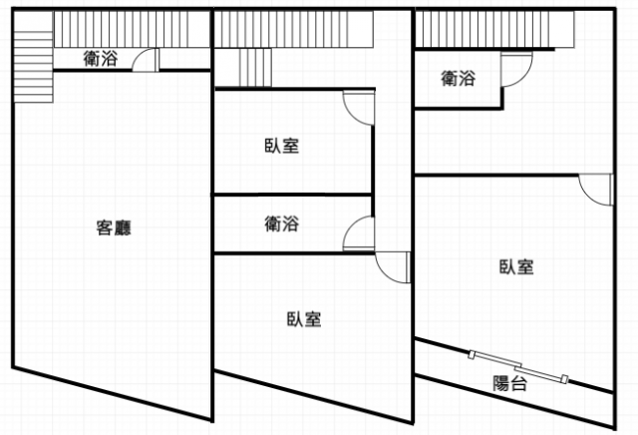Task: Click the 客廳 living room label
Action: pyautogui.click(x=114, y=227)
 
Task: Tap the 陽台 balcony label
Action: pyautogui.click(x=510, y=383)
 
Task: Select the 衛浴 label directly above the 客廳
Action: pyautogui.click(x=101, y=59)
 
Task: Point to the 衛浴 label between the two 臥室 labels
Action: pyautogui.click(x=282, y=223)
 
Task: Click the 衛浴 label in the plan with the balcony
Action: pyautogui.click(x=459, y=78)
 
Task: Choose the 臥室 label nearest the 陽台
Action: pyautogui.click(x=516, y=266)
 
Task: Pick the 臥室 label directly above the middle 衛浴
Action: pyautogui.click(x=282, y=146)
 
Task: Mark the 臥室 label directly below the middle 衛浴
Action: pyautogui.click(x=304, y=319)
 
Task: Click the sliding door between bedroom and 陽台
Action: pyautogui.click(x=517, y=367)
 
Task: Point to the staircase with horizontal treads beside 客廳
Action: pyautogui.click(x=33, y=67)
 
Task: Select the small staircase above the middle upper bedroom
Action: pyautogui.click(x=255, y=68)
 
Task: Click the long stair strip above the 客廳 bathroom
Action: pyautogui.click(x=132, y=29)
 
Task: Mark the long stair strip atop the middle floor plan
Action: pyautogui.click(x=294, y=29)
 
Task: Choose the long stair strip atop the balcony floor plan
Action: pyautogui.click(x=494, y=29)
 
